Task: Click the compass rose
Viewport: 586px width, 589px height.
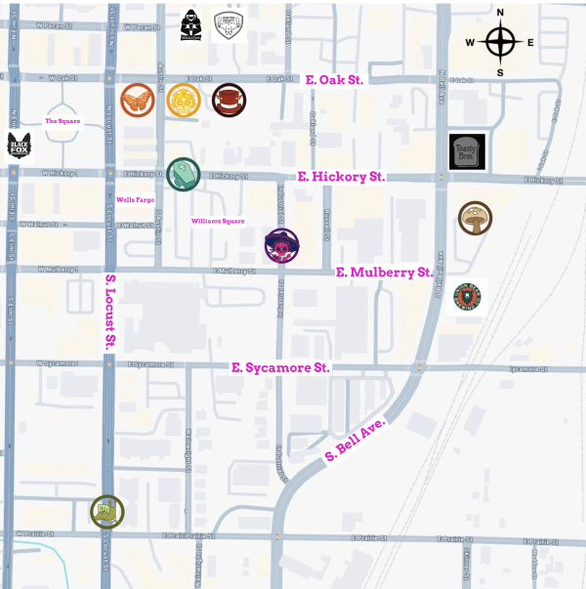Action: click(x=500, y=42)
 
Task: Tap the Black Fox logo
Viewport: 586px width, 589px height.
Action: click(x=20, y=147)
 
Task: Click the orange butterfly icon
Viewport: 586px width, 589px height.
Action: click(x=137, y=99)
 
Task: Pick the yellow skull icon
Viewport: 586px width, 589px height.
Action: click(x=183, y=99)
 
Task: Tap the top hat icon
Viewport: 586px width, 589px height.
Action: click(x=229, y=99)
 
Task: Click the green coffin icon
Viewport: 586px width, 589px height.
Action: click(x=183, y=174)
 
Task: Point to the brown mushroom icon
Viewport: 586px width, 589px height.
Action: click(x=475, y=217)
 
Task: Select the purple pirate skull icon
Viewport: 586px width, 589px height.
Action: click(x=282, y=245)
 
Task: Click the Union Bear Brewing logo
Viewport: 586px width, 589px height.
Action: click(x=466, y=296)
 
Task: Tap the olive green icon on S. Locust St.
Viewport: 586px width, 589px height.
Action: click(x=106, y=511)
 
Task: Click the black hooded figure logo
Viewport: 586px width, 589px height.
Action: click(x=191, y=25)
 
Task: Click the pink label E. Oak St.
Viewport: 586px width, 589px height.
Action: click(x=334, y=79)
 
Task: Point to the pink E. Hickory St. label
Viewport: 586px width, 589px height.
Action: click(x=341, y=177)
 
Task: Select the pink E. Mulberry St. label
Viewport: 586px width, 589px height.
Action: click(x=384, y=272)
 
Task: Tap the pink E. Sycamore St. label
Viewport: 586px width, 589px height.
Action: click(x=280, y=367)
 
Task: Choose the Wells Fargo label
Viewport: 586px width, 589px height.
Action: click(x=135, y=199)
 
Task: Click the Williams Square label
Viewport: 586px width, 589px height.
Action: click(x=217, y=221)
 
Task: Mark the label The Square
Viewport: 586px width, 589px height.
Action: click(x=62, y=121)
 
